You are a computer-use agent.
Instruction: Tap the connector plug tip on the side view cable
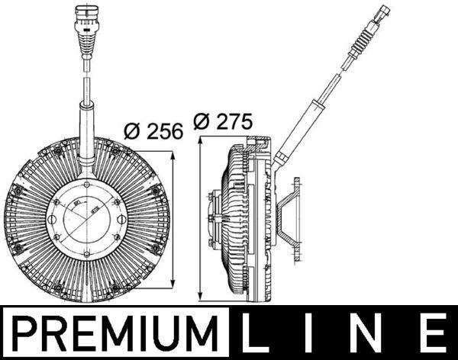[384, 13]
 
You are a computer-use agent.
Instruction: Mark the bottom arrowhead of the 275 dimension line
[200, 297]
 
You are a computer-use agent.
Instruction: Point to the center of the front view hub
[83, 217]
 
